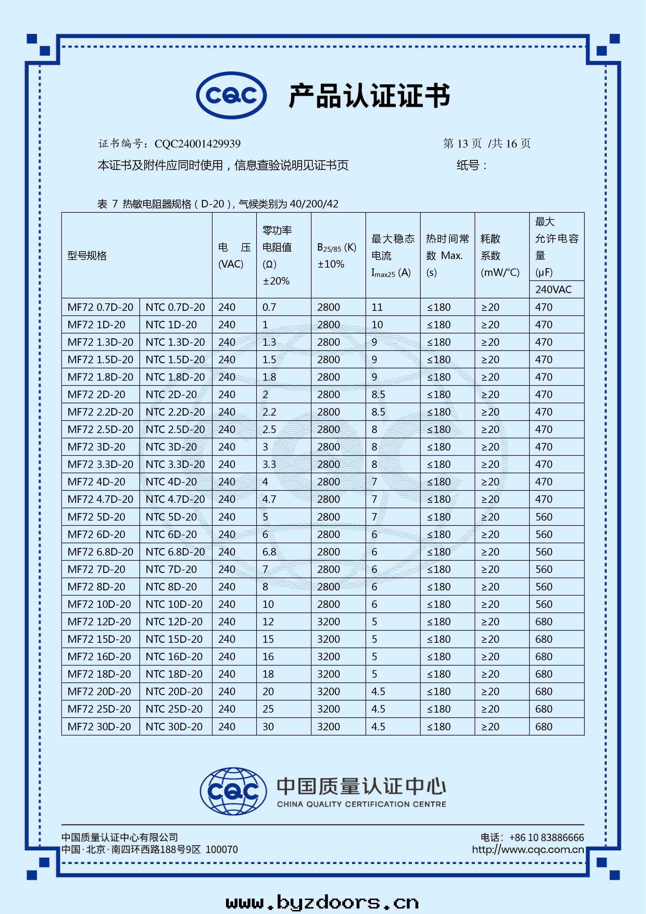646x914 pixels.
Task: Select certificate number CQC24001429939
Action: (197, 144)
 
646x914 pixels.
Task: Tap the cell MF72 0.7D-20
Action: (100, 307)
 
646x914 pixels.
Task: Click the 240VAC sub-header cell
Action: (553, 289)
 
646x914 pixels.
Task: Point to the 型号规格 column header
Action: (87, 256)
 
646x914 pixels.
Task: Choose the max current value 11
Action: (377, 307)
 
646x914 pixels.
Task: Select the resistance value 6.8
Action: (269, 552)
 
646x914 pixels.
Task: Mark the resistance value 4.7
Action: (269, 499)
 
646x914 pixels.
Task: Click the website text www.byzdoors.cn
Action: (322, 902)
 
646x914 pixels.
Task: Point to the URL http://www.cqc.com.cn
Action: (528, 849)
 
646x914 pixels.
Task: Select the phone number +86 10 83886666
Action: (546, 838)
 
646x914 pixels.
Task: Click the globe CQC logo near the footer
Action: (233, 791)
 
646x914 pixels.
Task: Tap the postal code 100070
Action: (222, 849)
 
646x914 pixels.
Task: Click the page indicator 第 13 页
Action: (462, 144)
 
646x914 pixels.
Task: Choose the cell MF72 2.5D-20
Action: (100, 430)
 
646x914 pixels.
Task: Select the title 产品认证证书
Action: (369, 96)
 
